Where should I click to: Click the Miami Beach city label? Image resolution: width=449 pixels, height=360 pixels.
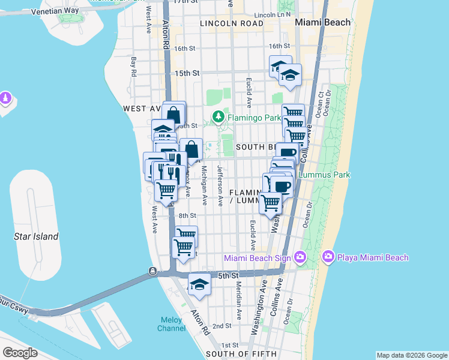pyautogui.click(x=323, y=22)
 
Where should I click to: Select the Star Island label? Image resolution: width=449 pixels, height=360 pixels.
pyautogui.click(x=36, y=236)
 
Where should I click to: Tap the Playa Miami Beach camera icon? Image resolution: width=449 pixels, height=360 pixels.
pyautogui.click(x=328, y=257)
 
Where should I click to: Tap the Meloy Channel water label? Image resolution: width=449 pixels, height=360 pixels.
pyautogui.click(x=171, y=324)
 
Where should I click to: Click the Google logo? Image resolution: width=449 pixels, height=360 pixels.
pyautogui.click(x=20, y=353)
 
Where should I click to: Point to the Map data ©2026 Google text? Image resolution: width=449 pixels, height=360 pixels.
pyautogui.click(x=411, y=355)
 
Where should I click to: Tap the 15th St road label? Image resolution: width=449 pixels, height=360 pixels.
pyautogui.click(x=187, y=73)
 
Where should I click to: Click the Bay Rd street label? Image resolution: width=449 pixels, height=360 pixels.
pyautogui.click(x=133, y=65)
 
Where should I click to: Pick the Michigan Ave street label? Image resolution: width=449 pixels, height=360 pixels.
pyautogui.click(x=204, y=186)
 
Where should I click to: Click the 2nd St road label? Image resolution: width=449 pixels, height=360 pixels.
pyautogui.click(x=223, y=326)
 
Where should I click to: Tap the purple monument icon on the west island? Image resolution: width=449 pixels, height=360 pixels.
pyautogui.click(x=6, y=97)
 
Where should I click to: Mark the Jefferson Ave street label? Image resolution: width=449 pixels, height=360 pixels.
pyautogui.click(x=220, y=186)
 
